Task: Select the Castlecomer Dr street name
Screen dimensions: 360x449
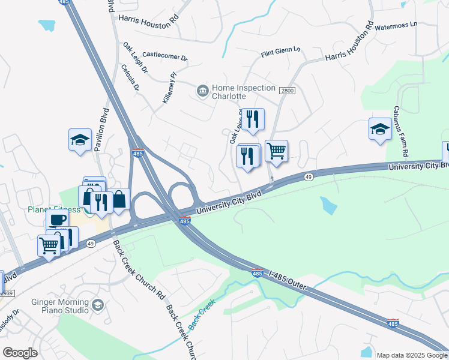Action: [165, 56]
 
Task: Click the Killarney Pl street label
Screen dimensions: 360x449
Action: [169, 89]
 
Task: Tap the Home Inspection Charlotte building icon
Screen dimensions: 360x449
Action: [203, 91]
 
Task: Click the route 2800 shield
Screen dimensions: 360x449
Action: [287, 90]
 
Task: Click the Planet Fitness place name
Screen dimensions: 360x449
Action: [53, 209]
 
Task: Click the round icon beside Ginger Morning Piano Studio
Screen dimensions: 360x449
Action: [97, 305]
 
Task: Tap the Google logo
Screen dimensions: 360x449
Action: [20, 353]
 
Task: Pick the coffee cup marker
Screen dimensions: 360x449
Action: [57, 220]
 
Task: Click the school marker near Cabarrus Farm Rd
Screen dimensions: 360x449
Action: [379, 129]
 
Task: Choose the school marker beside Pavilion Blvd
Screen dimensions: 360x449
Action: [80, 140]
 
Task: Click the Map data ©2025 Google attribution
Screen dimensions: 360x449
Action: [411, 355]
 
